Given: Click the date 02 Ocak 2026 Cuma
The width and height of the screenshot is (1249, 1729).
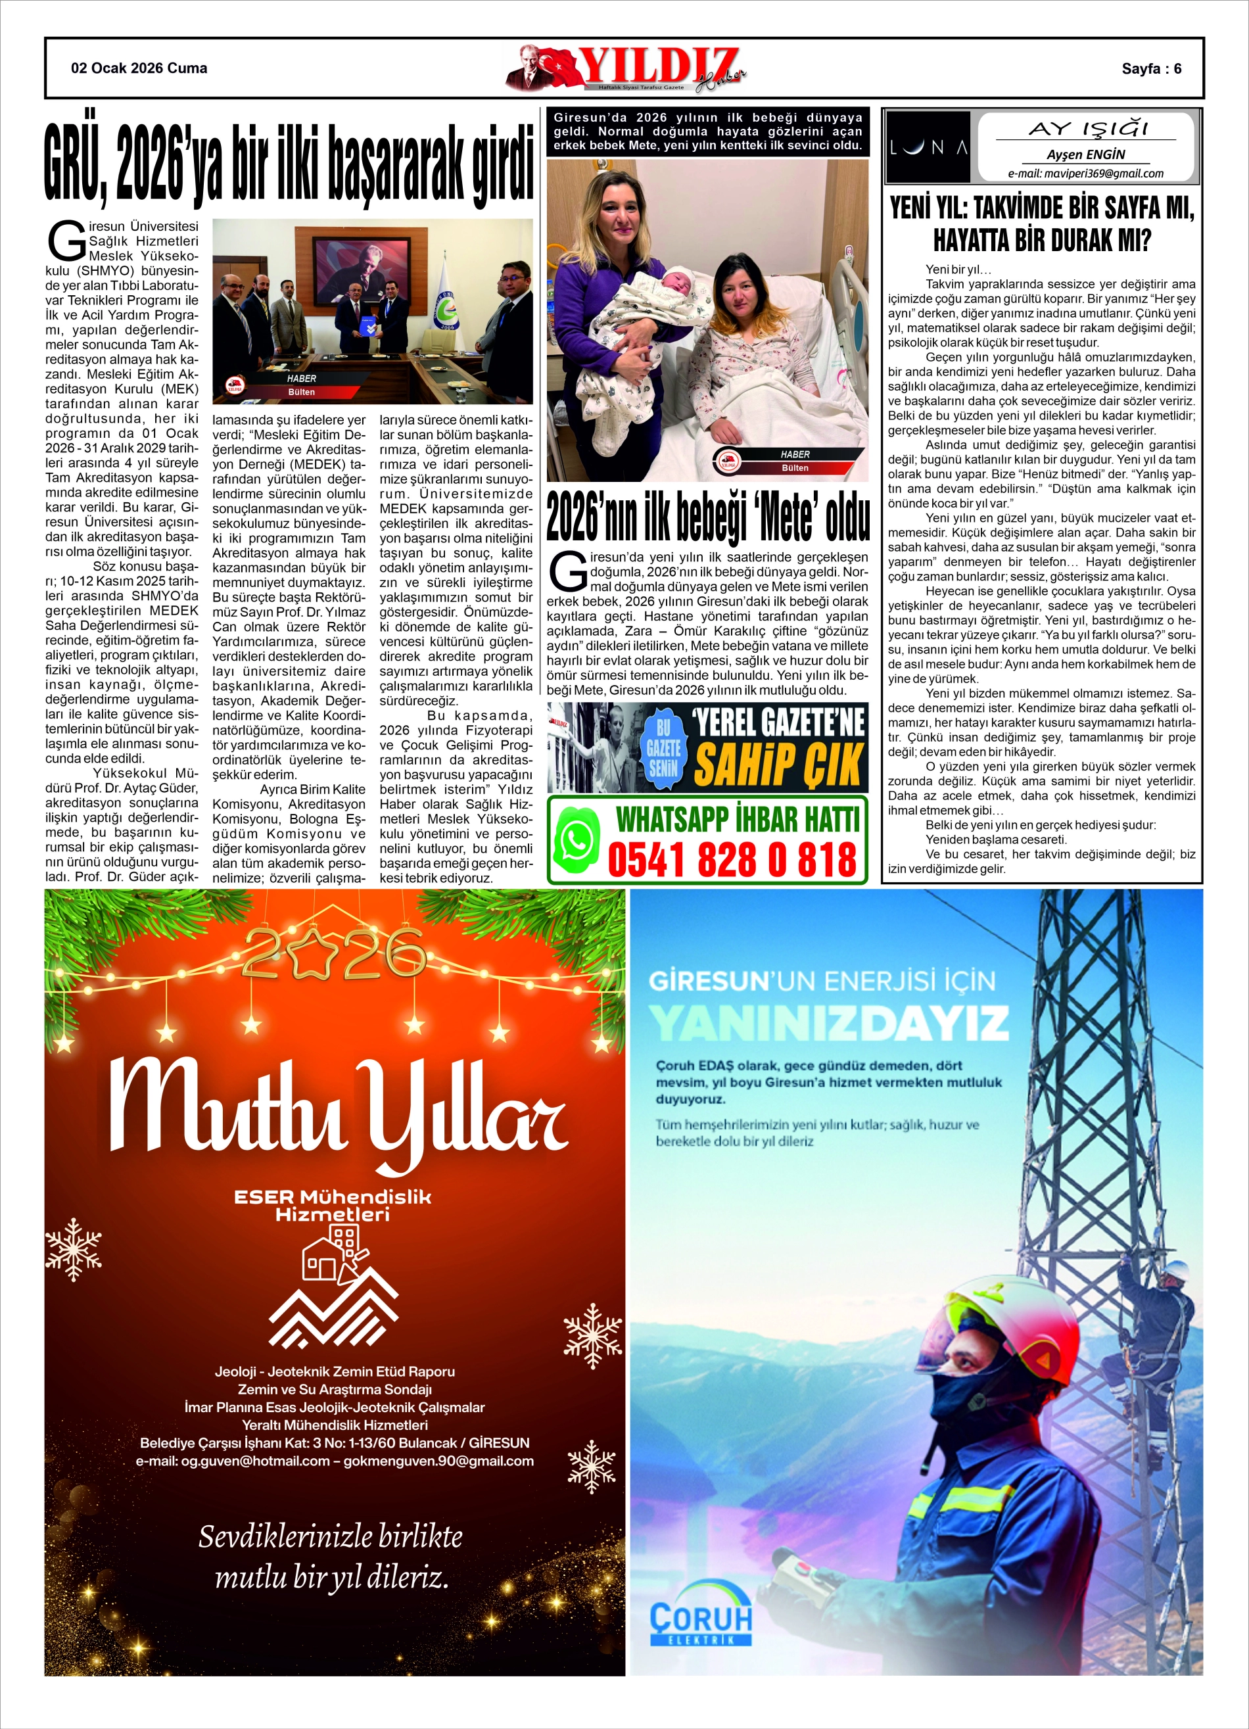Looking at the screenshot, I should [139, 68].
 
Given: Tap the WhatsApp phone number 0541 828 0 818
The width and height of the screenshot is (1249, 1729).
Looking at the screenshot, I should [732, 860].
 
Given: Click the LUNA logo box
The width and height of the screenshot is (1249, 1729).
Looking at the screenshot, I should [929, 147].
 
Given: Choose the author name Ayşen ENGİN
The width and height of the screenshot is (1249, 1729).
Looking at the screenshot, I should [1085, 154].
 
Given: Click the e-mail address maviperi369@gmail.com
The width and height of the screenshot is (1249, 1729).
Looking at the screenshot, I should [1085, 173].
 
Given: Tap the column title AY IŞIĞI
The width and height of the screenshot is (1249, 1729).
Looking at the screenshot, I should [1087, 129].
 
